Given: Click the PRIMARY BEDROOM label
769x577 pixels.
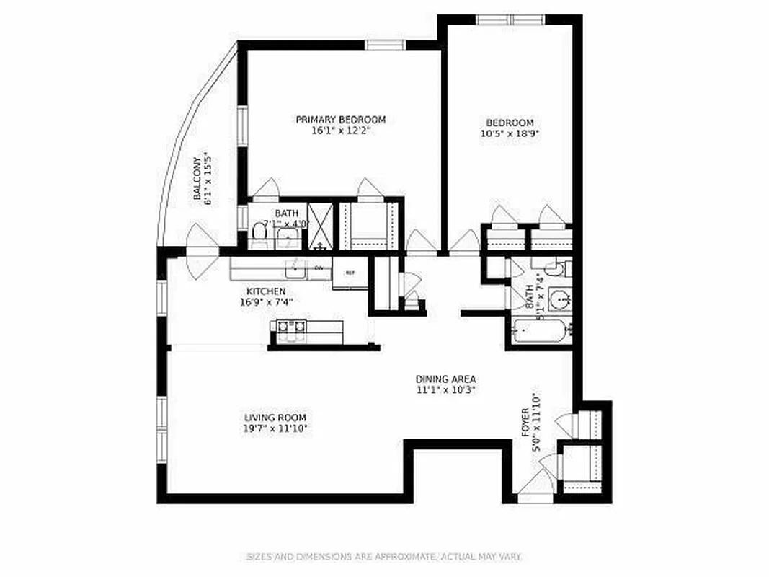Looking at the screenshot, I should [x=340, y=120].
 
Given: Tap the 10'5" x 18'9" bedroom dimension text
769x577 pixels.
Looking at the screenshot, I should [x=510, y=133].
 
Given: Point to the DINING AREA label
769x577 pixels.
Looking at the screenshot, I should [x=445, y=379].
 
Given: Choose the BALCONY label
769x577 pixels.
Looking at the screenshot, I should [x=197, y=178].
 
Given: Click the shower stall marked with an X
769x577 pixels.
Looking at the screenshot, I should [x=321, y=226].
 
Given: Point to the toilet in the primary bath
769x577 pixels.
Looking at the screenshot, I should [x=259, y=232].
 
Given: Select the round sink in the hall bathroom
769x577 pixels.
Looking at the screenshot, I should [x=557, y=297].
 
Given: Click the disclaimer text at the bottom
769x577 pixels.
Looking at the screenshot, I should [x=384, y=557].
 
